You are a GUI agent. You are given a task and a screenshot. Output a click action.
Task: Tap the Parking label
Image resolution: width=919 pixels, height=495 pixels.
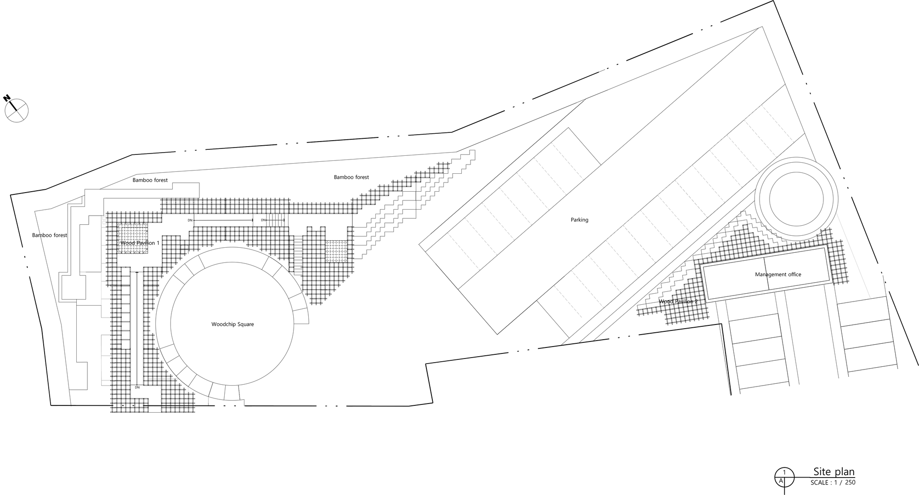579,220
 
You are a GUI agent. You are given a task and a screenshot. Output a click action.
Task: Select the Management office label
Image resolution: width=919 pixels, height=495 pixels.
778,275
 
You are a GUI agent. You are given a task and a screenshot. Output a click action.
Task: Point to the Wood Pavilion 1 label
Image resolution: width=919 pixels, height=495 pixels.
140,243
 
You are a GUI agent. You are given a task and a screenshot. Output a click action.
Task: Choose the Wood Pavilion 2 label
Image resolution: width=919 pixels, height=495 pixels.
678,302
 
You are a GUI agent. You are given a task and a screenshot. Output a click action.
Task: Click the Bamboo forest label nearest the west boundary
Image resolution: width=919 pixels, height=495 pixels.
50,235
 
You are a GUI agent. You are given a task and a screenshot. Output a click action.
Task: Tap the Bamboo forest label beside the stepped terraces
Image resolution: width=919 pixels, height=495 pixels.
352,177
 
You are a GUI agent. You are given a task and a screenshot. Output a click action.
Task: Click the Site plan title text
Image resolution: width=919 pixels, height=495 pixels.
834,472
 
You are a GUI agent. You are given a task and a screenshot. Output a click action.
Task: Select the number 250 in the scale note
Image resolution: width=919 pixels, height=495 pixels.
850,483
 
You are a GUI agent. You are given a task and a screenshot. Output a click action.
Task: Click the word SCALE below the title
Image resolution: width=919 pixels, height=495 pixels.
819,483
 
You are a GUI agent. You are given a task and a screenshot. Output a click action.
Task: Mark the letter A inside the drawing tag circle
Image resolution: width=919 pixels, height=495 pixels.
781,481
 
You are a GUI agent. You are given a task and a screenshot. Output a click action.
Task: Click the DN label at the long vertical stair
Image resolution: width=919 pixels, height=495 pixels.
137,387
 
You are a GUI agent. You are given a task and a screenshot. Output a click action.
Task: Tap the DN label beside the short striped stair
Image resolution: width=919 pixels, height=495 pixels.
263,220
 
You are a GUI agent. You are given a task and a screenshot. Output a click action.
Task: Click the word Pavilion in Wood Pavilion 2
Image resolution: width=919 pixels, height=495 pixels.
682,302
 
